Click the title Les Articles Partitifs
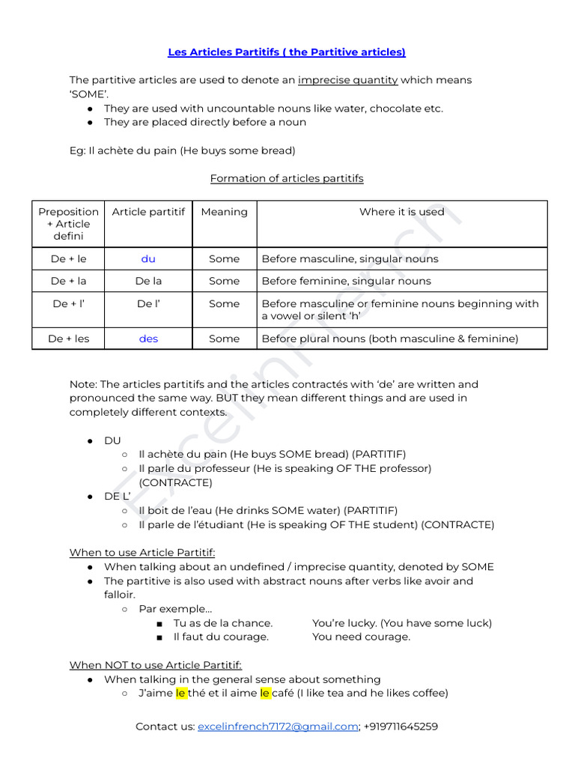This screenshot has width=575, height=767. pyautogui.click(x=287, y=52)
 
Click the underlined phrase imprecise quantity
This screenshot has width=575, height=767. pyautogui.click(x=347, y=79)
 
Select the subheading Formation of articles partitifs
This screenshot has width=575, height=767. pyautogui.click(x=287, y=178)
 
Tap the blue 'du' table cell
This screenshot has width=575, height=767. pyautogui.click(x=148, y=258)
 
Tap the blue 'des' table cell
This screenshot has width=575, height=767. pyautogui.click(x=148, y=339)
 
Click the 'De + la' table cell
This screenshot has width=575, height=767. pyautogui.click(x=68, y=281)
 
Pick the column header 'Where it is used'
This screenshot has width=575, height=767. pyautogui.click(x=401, y=212)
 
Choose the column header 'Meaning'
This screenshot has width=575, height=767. pyautogui.click(x=224, y=212)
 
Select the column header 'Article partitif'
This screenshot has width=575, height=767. pyautogui.click(x=148, y=212)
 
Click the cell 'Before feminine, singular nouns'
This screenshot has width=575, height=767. pyautogui.click(x=346, y=281)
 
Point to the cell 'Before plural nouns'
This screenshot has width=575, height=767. pyautogui.click(x=389, y=339)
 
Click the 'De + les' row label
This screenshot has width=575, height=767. pyautogui.click(x=68, y=339)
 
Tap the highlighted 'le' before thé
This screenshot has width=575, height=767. pyautogui.click(x=180, y=693)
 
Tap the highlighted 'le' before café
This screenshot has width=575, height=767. pyautogui.click(x=265, y=693)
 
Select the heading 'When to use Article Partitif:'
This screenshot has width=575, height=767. pyautogui.click(x=142, y=553)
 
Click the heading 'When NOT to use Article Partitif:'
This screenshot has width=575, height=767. pyautogui.click(x=156, y=665)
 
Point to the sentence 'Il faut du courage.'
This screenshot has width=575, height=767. pyautogui.click(x=221, y=637)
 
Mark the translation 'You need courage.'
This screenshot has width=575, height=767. pyautogui.click(x=361, y=637)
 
